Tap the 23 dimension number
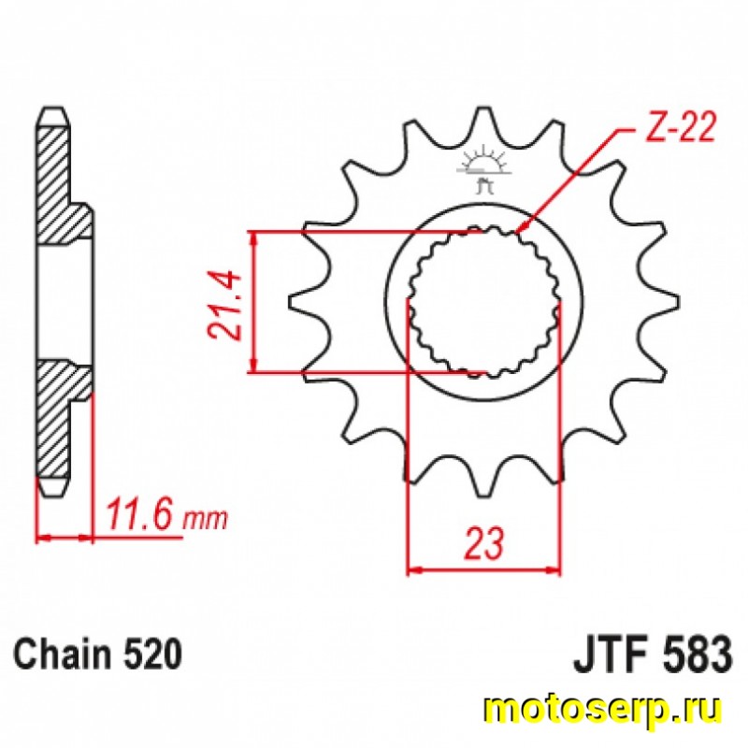(x=483, y=543)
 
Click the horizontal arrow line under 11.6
(x=65, y=538)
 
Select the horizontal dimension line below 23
(x=483, y=568)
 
